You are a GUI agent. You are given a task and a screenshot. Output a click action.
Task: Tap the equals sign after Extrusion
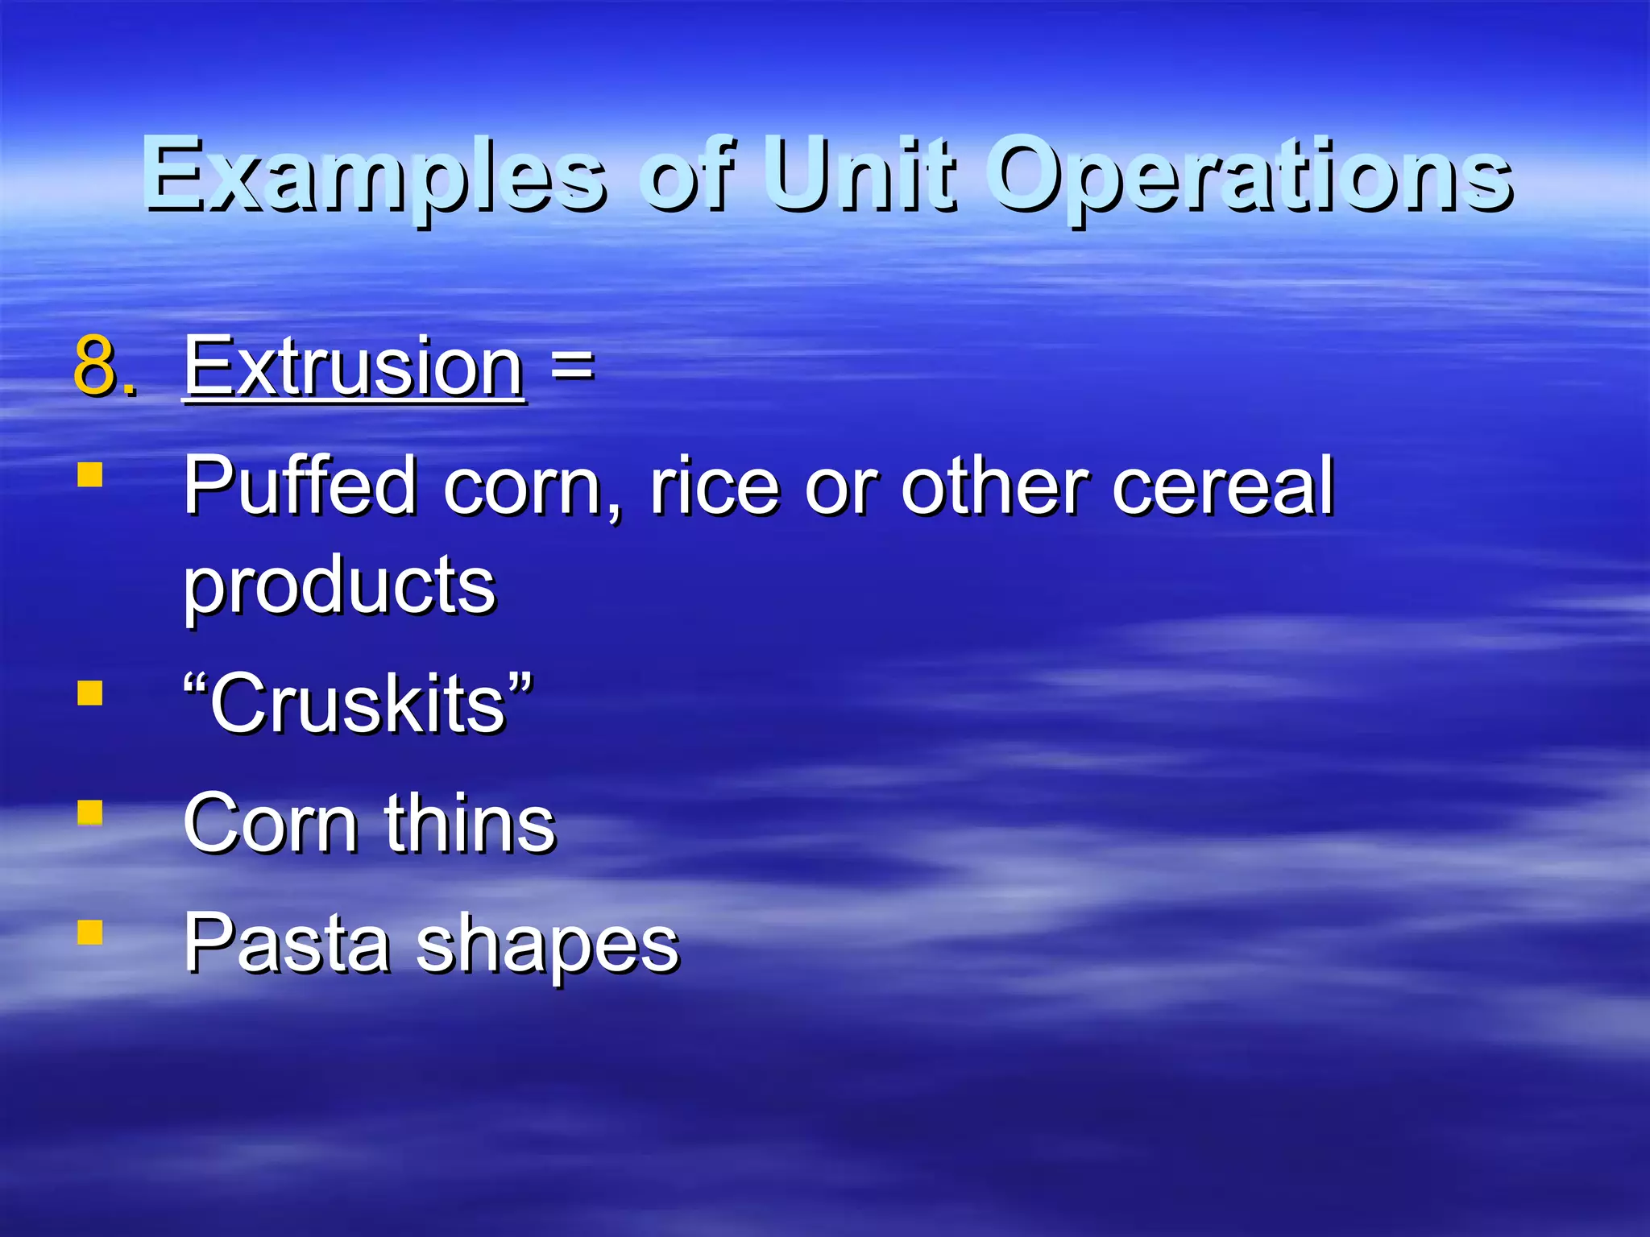click(x=572, y=366)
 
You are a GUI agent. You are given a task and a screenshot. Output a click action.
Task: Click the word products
click(x=339, y=586)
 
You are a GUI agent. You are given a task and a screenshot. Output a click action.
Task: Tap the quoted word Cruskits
click(x=358, y=703)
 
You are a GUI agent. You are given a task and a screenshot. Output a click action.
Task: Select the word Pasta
click(x=287, y=943)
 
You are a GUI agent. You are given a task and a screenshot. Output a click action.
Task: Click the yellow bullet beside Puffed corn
click(x=90, y=474)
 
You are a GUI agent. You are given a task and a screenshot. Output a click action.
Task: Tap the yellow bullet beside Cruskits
click(x=90, y=693)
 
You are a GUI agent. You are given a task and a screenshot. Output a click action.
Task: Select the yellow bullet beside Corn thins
click(x=90, y=813)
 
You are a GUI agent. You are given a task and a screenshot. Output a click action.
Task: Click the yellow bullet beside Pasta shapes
click(x=90, y=932)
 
